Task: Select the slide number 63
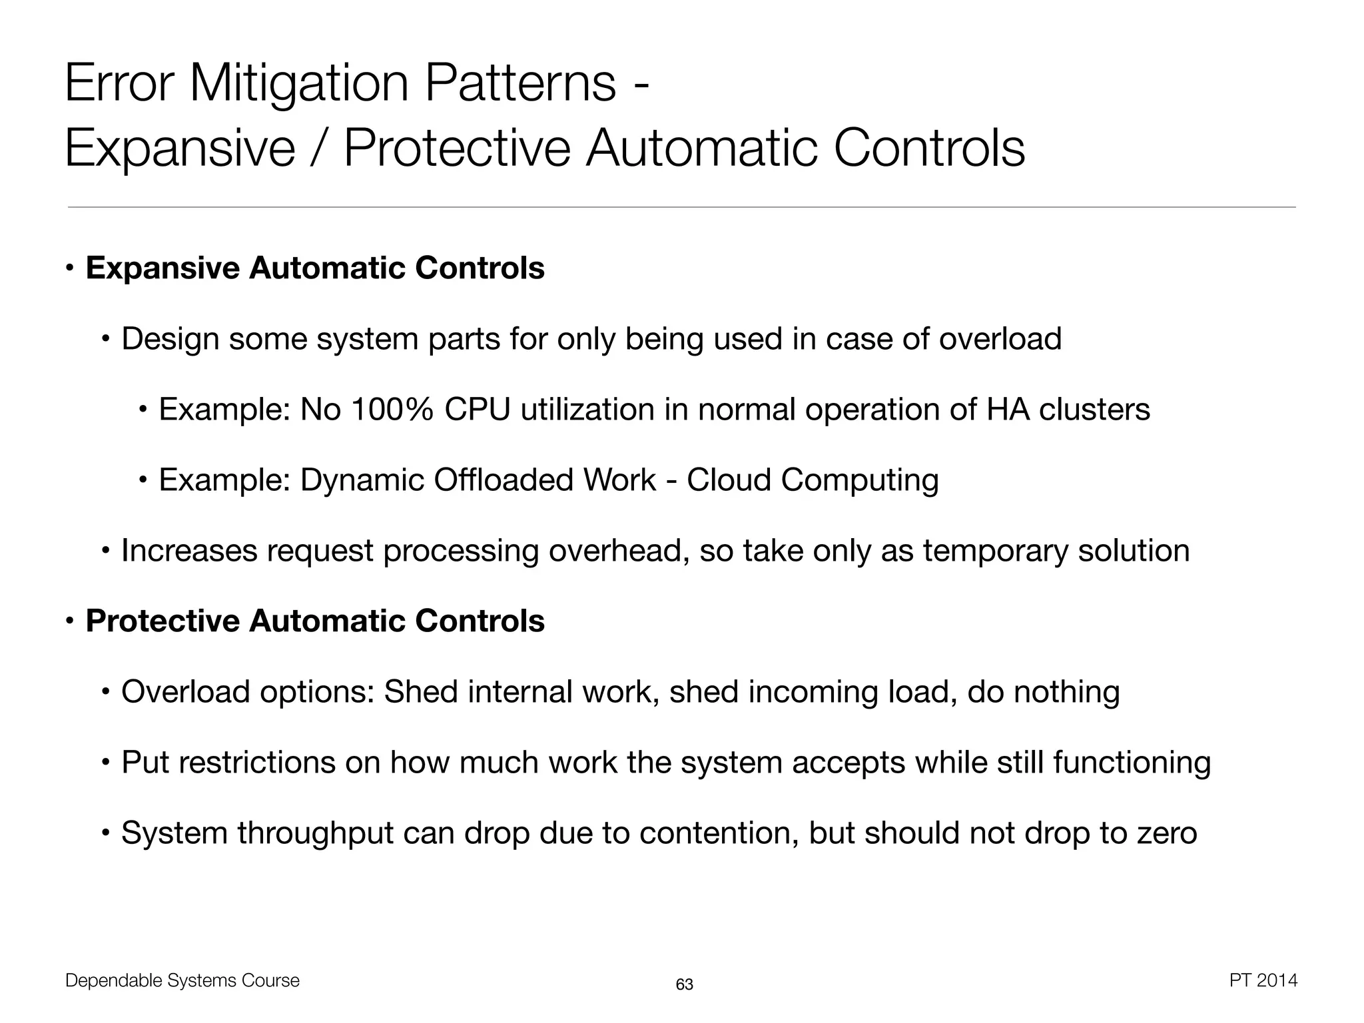pyautogui.click(x=684, y=984)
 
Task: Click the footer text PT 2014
pyautogui.click(x=1263, y=980)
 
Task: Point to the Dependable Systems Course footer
pyautogui.click(x=182, y=980)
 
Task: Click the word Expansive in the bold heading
pyautogui.click(x=163, y=268)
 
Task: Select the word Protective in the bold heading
pyautogui.click(x=163, y=621)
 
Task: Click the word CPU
pyautogui.click(x=477, y=410)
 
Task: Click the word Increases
pyautogui.click(x=189, y=551)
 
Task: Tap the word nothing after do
pyautogui.click(x=1066, y=692)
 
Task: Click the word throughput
pyautogui.click(x=315, y=834)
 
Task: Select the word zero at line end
pyautogui.click(x=1168, y=834)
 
